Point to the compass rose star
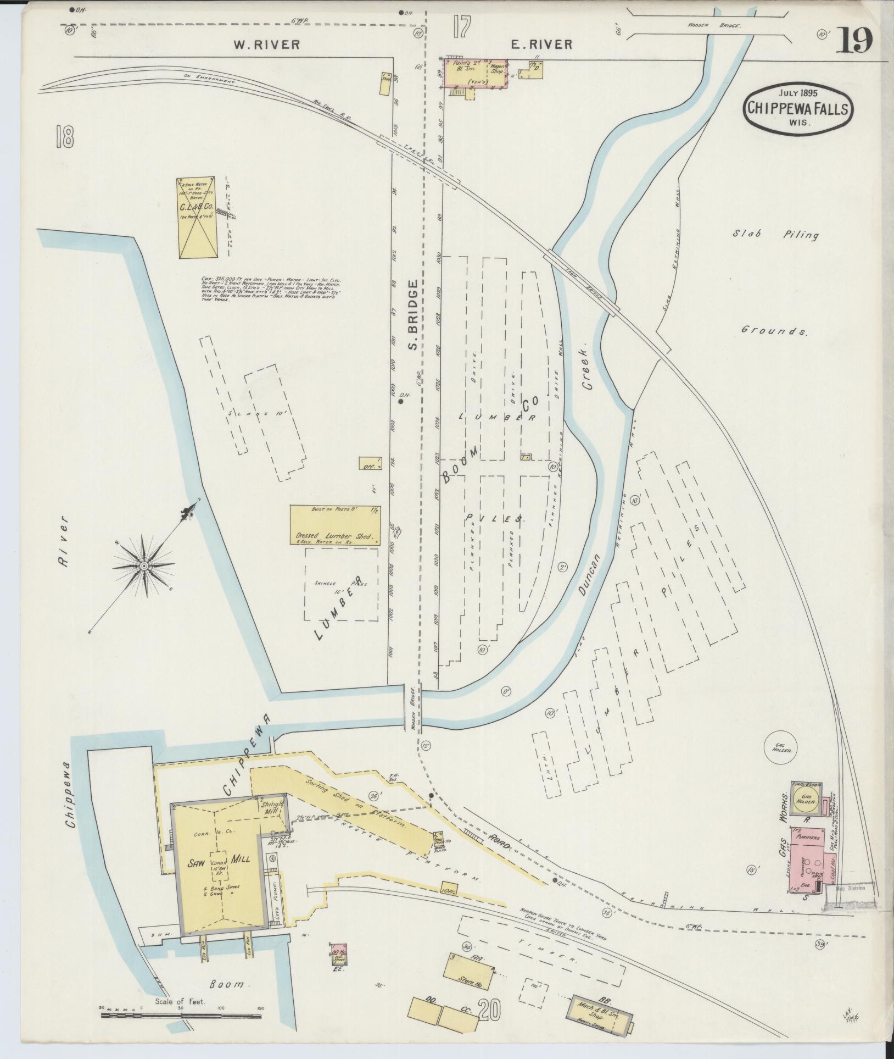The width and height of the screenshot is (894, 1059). pos(143,565)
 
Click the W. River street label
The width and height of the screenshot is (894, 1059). pos(267,45)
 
